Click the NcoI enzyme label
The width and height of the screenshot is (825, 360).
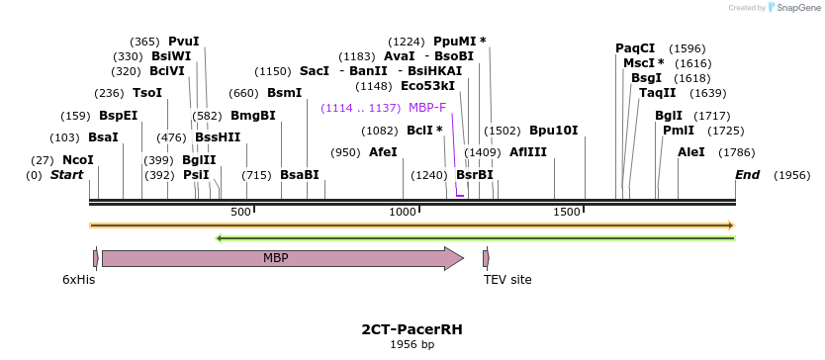pos(77,160)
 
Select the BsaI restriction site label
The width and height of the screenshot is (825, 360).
pos(103,137)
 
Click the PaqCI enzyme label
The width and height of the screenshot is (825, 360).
pos(635,47)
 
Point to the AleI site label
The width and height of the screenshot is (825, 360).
pos(691,152)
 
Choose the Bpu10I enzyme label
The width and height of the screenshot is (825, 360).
pos(553,131)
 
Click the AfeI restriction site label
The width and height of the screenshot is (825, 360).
pos(383,152)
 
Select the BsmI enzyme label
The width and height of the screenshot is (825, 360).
pos(285,93)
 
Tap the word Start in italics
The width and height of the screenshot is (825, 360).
pos(66,175)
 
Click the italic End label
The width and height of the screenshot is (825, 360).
pos(748,175)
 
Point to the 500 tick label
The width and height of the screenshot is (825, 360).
pos(240,213)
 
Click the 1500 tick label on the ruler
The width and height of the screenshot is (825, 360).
pos(566,213)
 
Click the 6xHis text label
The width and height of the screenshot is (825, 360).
pos(79,280)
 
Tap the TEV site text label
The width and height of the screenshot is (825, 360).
pos(507,280)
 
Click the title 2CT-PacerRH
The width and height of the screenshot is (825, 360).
pos(412,328)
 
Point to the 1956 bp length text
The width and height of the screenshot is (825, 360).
pos(412,345)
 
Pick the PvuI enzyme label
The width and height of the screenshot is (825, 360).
pos(184,42)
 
